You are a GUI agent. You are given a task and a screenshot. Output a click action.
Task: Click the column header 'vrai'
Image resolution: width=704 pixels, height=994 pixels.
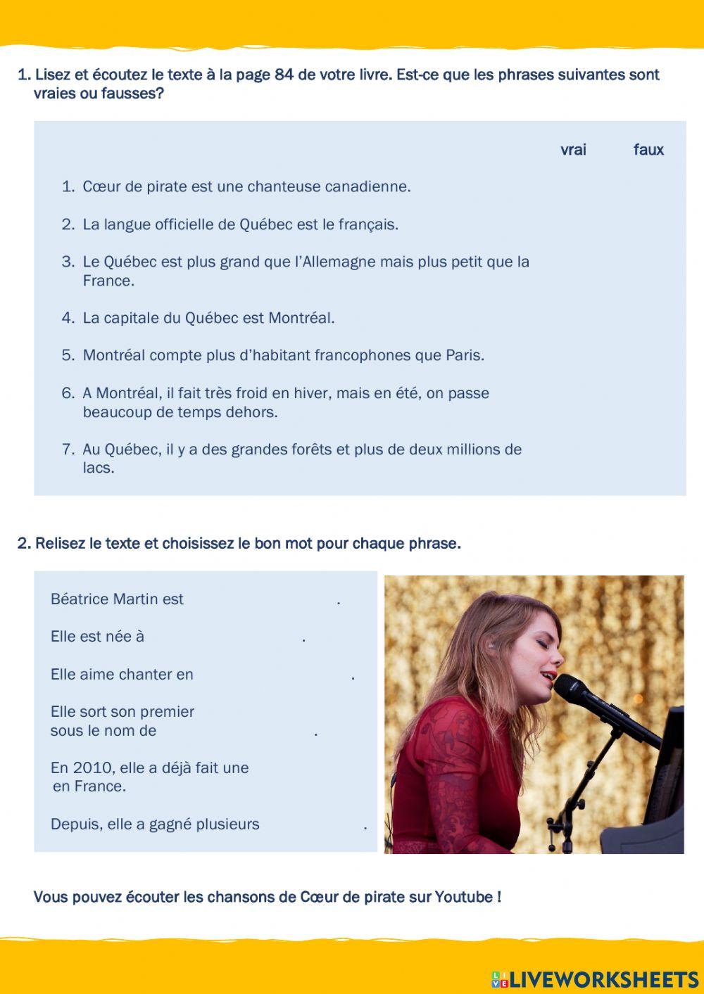(573, 150)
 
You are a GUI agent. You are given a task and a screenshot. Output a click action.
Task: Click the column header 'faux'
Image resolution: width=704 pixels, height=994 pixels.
(648, 150)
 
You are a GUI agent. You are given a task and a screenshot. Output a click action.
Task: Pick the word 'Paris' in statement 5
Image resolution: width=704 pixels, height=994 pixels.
(464, 355)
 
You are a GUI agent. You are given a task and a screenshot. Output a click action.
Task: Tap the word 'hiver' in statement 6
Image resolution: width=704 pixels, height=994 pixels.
(312, 393)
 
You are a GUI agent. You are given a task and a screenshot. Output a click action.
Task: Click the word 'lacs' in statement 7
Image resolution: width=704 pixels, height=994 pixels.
(98, 469)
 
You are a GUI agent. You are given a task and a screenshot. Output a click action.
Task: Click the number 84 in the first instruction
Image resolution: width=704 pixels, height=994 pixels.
(284, 75)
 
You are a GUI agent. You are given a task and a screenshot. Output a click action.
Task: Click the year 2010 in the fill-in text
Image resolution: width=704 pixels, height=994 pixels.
(92, 768)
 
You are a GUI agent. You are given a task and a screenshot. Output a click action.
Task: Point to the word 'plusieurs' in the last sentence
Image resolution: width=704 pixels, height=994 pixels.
(227, 824)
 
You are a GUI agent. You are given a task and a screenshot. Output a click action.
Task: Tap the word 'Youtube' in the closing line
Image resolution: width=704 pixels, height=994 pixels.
(464, 898)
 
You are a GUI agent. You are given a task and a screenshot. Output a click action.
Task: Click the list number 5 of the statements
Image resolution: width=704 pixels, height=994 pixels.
(68, 355)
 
